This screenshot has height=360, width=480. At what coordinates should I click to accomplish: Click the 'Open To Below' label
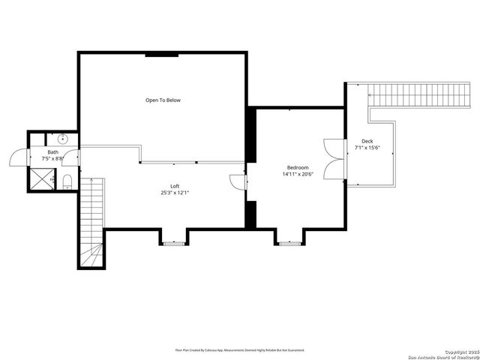[x=163, y=100]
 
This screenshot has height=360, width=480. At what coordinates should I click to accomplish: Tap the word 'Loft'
[x=175, y=186]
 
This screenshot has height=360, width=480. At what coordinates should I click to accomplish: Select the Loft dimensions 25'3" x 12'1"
[x=175, y=193]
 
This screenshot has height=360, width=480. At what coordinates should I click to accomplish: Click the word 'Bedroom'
[x=298, y=167]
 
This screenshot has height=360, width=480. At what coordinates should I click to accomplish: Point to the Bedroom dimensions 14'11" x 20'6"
[x=298, y=174]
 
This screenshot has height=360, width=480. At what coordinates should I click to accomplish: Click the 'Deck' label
[x=367, y=141]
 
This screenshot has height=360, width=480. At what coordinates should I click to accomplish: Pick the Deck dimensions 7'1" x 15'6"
[x=367, y=148]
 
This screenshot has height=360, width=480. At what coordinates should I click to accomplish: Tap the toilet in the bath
[x=67, y=180]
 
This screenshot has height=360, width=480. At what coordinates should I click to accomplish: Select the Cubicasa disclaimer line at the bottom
[x=240, y=349]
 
